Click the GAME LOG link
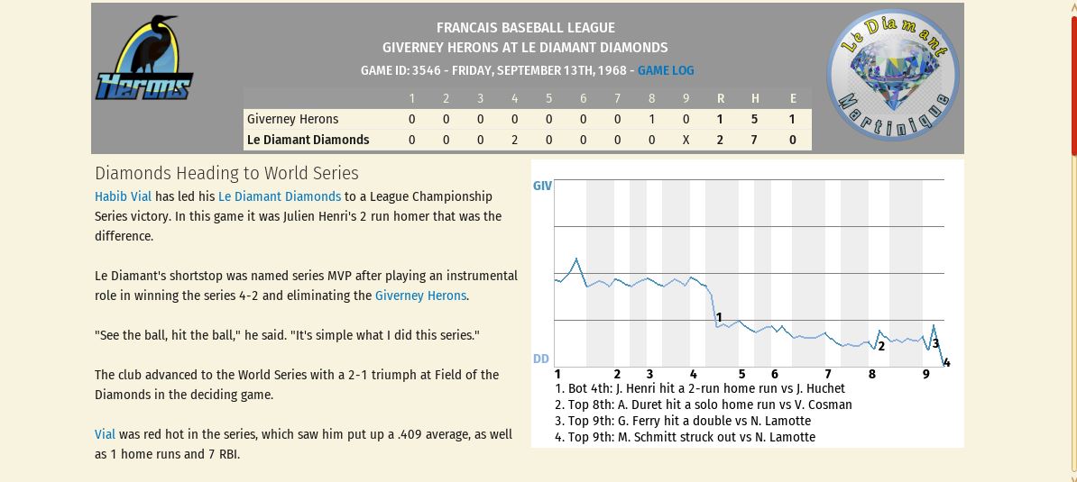666,70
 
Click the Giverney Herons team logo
144,59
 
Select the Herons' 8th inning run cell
652,119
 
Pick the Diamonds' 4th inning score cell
515,140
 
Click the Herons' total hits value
755,119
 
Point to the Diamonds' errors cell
792,140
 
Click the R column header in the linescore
721,98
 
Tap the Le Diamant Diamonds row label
308,140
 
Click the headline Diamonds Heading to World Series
226,173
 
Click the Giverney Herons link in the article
420,296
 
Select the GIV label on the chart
542,186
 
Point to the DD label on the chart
541,359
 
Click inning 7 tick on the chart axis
828,374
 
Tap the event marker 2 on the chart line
881,345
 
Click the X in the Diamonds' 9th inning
686,140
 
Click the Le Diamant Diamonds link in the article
280,196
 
